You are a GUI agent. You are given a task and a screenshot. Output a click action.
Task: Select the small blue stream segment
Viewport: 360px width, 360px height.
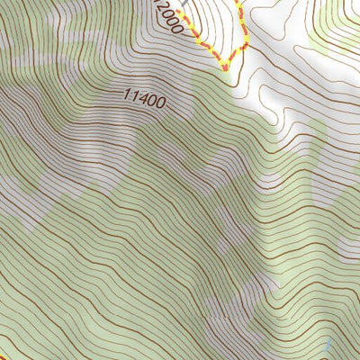[328, 346]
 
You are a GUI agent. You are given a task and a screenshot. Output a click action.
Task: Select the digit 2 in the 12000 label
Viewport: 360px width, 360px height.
[162, 9]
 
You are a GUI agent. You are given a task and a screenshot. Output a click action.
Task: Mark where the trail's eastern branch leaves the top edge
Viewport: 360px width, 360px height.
[238, 2]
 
